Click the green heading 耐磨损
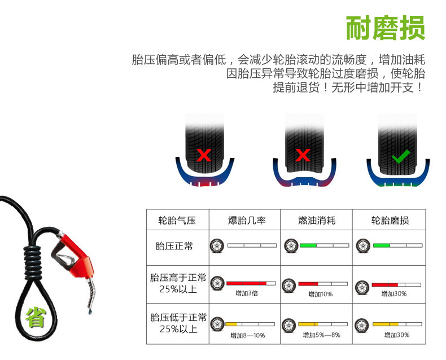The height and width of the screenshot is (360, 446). coord(385,28)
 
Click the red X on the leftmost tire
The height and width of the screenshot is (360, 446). coord(204,155)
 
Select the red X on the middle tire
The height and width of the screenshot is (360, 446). coord(303,155)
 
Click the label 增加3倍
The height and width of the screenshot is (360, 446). coord(247,293)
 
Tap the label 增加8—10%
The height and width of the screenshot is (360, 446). coord(247,335)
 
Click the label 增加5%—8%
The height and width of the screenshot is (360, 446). coord(320,335)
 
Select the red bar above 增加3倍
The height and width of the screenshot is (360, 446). coord(246,283)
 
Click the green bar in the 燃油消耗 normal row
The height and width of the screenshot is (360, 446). coord(308,245)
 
